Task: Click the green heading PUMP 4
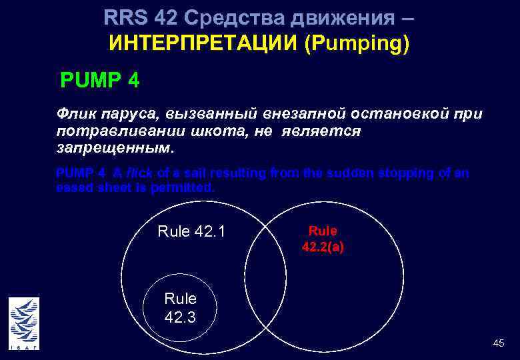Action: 99,81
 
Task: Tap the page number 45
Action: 498,343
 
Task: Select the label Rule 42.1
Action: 191,231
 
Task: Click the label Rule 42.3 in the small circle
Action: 180,307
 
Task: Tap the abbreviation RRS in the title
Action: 126,17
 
